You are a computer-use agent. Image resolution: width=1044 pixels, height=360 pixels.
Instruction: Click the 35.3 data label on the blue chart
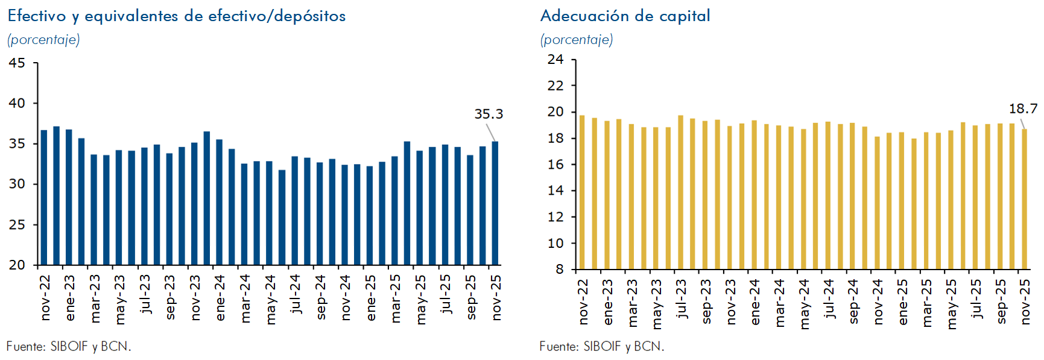coord(488,114)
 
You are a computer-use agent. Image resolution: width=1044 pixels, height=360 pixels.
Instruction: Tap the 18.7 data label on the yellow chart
coord(1023,109)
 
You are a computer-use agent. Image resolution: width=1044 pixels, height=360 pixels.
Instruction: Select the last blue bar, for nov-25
coord(495,203)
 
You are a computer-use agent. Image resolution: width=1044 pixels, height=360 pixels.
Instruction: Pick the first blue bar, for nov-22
coord(44,197)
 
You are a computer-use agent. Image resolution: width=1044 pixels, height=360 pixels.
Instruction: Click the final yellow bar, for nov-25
coord(1024,199)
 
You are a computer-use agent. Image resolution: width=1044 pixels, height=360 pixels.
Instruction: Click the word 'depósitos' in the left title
coord(309,16)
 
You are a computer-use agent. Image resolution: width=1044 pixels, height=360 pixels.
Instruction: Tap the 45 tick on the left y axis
coord(17,63)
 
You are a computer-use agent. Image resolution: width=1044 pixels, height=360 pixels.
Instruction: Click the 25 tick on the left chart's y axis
coord(17,224)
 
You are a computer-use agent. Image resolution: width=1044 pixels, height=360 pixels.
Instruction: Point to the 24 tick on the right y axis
coord(555,60)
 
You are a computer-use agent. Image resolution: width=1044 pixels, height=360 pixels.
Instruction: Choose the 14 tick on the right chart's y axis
coord(555,191)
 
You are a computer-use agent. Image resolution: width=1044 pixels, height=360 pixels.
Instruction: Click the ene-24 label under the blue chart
coord(220,298)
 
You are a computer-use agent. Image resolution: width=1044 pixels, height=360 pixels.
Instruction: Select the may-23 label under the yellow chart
coord(657,303)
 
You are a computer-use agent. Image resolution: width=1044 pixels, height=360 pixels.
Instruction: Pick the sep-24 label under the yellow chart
coord(854,301)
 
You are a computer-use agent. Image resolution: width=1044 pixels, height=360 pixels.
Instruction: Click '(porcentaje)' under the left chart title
coord(43,40)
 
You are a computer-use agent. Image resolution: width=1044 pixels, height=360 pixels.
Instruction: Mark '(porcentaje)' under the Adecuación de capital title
coord(577,40)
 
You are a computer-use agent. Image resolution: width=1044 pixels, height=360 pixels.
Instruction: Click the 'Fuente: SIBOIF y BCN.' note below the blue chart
coord(69,347)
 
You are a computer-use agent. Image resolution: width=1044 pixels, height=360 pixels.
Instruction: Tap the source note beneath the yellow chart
coord(601,347)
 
